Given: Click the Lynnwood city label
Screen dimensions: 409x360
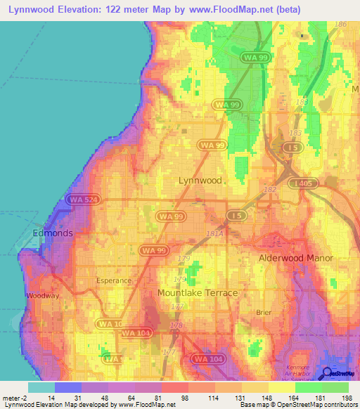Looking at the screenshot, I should click(200, 181).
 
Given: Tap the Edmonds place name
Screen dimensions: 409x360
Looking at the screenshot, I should click(52, 233).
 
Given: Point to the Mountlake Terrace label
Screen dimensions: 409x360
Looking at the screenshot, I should click(198, 292).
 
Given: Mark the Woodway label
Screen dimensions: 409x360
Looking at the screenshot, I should click(42, 296).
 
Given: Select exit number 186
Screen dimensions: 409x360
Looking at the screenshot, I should click(342, 25).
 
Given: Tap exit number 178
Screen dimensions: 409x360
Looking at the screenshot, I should click(176, 326).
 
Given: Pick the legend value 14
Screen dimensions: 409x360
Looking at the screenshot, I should click(51, 398).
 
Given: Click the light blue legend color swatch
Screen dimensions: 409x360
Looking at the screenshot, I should click(41, 387).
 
